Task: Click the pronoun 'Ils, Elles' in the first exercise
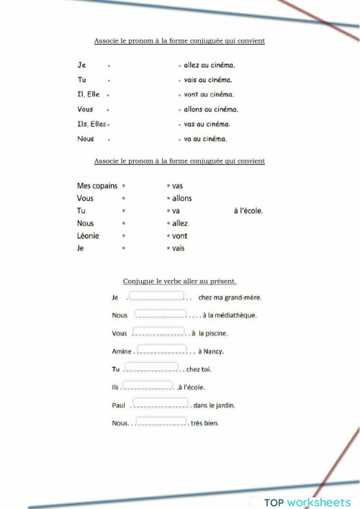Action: point(92,124)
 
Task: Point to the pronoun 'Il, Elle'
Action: point(89,94)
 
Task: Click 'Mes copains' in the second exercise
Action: point(97,186)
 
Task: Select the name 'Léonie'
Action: point(88,235)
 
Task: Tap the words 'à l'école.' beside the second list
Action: point(248,211)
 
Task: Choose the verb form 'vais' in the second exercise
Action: point(178,248)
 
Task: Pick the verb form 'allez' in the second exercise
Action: point(180,223)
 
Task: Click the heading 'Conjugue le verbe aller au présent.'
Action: point(180,281)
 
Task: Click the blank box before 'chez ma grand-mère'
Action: point(157,295)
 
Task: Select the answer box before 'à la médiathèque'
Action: point(161,313)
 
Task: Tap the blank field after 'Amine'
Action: point(162,349)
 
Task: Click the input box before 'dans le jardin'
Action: point(160,402)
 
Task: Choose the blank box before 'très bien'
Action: point(161,421)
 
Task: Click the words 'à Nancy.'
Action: point(211,351)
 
